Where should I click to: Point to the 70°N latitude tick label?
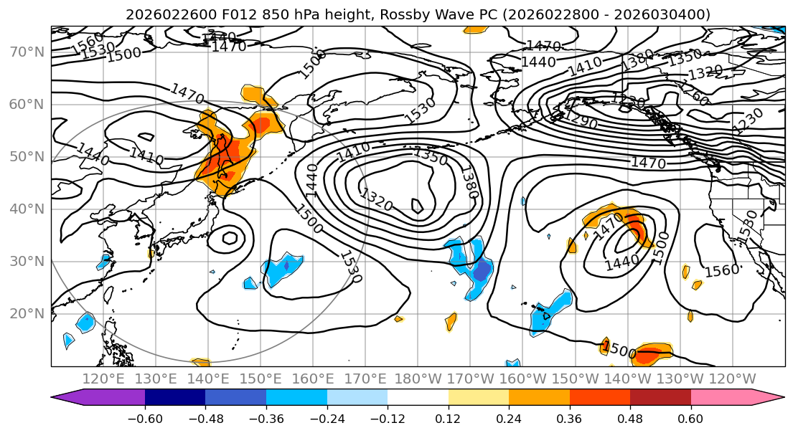pyautogui.click(x=27, y=52)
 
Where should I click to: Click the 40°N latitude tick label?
pyautogui.click(x=27, y=209)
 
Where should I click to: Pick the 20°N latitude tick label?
pyautogui.click(x=27, y=313)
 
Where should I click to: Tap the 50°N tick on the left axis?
pyautogui.click(x=27, y=156)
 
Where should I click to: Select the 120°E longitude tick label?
pyautogui.click(x=104, y=379)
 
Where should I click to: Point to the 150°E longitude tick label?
pyautogui.click(x=261, y=379)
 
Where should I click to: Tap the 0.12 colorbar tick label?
pyautogui.click(x=448, y=417)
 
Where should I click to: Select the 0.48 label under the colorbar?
pyautogui.click(x=630, y=417)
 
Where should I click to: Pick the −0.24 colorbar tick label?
pyautogui.click(x=327, y=417)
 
